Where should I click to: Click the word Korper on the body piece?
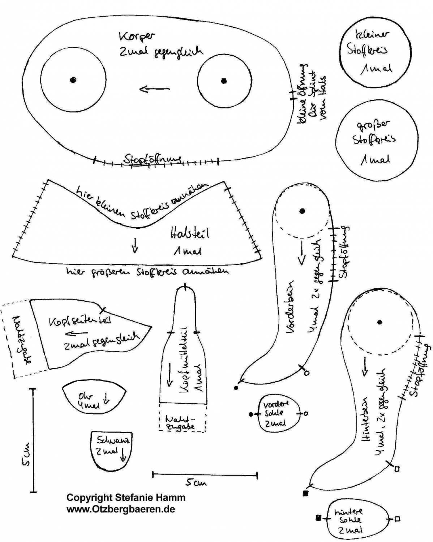coord(136,36)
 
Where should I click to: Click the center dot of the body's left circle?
coord(73,80)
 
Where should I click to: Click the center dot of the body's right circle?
coord(224,81)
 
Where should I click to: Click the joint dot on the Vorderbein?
coord(302,211)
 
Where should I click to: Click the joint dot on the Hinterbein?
coord(380,322)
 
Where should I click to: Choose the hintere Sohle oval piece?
coord(358,520)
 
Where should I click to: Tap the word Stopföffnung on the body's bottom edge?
coord(152,159)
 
